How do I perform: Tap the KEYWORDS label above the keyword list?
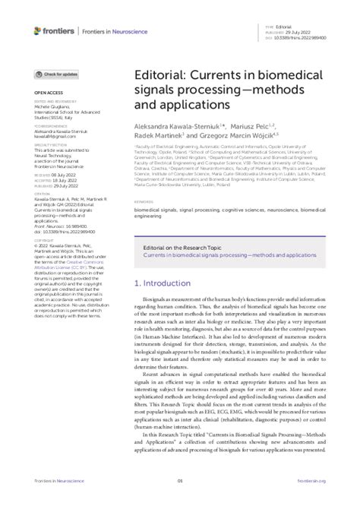point(145,203)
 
